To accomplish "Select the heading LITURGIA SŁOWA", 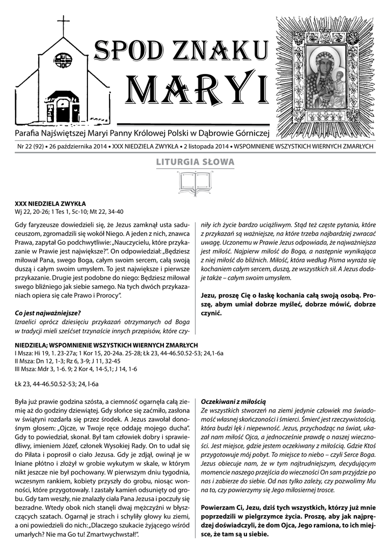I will [x=195, y=161].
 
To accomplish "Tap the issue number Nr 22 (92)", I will [x=31, y=146].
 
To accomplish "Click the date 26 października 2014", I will [x=79, y=146].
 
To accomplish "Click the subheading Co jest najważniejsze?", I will [x=48, y=313].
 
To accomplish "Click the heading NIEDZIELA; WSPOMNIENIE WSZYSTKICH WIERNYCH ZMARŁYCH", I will [x=106, y=345].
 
